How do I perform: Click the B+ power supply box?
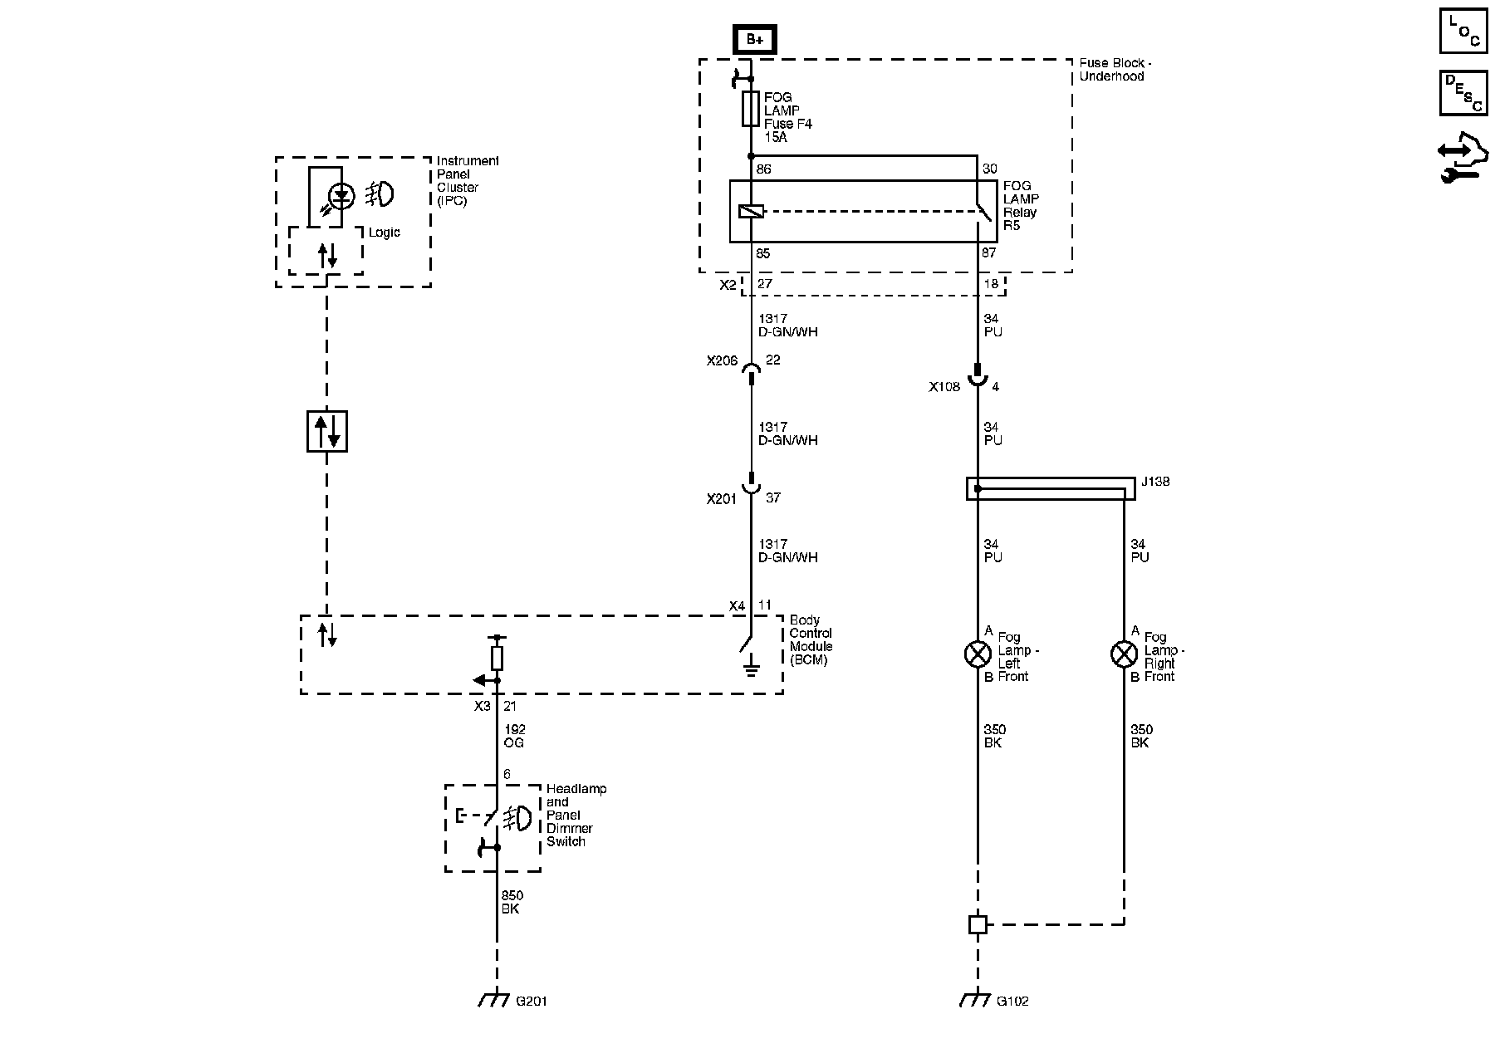pyautogui.click(x=754, y=39)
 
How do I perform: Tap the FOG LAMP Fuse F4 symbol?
pyautogui.click(x=751, y=109)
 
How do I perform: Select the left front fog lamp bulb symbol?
pyautogui.click(x=978, y=654)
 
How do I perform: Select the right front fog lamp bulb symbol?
pyautogui.click(x=1124, y=654)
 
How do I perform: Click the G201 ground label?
pyautogui.click(x=532, y=1002)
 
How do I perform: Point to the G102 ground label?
pyautogui.click(x=1012, y=1002)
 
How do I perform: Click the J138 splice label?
pyautogui.click(x=1155, y=482)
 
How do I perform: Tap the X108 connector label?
pyautogui.click(x=944, y=387)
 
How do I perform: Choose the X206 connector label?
pyautogui.click(x=722, y=361)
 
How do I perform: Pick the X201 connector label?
pyautogui.click(x=722, y=499)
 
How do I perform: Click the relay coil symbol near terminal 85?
pyautogui.click(x=751, y=212)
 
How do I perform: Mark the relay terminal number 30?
pyautogui.click(x=989, y=169)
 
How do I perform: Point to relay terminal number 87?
pyautogui.click(x=989, y=252)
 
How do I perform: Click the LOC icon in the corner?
pyautogui.click(x=1463, y=32)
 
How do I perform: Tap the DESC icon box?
pyautogui.click(x=1463, y=93)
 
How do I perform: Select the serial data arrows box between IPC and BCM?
pyautogui.click(x=327, y=431)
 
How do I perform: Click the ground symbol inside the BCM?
pyautogui.click(x=751, y=666)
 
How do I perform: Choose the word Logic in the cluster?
pyautogui.click(x=384, y=233)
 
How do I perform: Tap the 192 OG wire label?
pyautogui.click(x=514, y=737)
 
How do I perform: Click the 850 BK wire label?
pyautogui.click(x=512, y=903)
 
